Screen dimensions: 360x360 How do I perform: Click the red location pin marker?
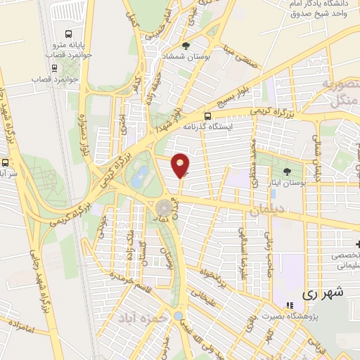click(181, 165)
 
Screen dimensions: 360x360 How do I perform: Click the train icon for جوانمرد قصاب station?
click(55, 69)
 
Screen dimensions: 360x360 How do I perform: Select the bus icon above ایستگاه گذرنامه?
click(207, 116)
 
